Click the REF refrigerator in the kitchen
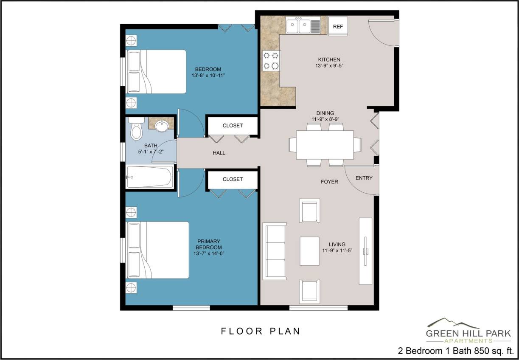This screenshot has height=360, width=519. pos(338,26)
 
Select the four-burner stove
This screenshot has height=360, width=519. pos(271,60)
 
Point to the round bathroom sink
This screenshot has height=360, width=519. pos(161,126)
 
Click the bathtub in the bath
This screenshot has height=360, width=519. pos(150,177)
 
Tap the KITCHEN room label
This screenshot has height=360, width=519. pos(329,59)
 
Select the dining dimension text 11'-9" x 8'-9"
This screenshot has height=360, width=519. pos(328,120)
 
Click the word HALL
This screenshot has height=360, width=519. pos(219,153)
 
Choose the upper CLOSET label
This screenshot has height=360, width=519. pos(233,126)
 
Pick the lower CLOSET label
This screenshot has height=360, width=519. pos(233,180)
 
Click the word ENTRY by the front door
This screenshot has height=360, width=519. pos(364,178)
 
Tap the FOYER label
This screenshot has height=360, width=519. pos(329,182)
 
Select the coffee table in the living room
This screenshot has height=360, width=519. pos(309,251)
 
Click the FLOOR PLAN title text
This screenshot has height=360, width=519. pos(260,331)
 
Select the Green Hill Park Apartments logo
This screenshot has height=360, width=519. pos(469,331)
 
